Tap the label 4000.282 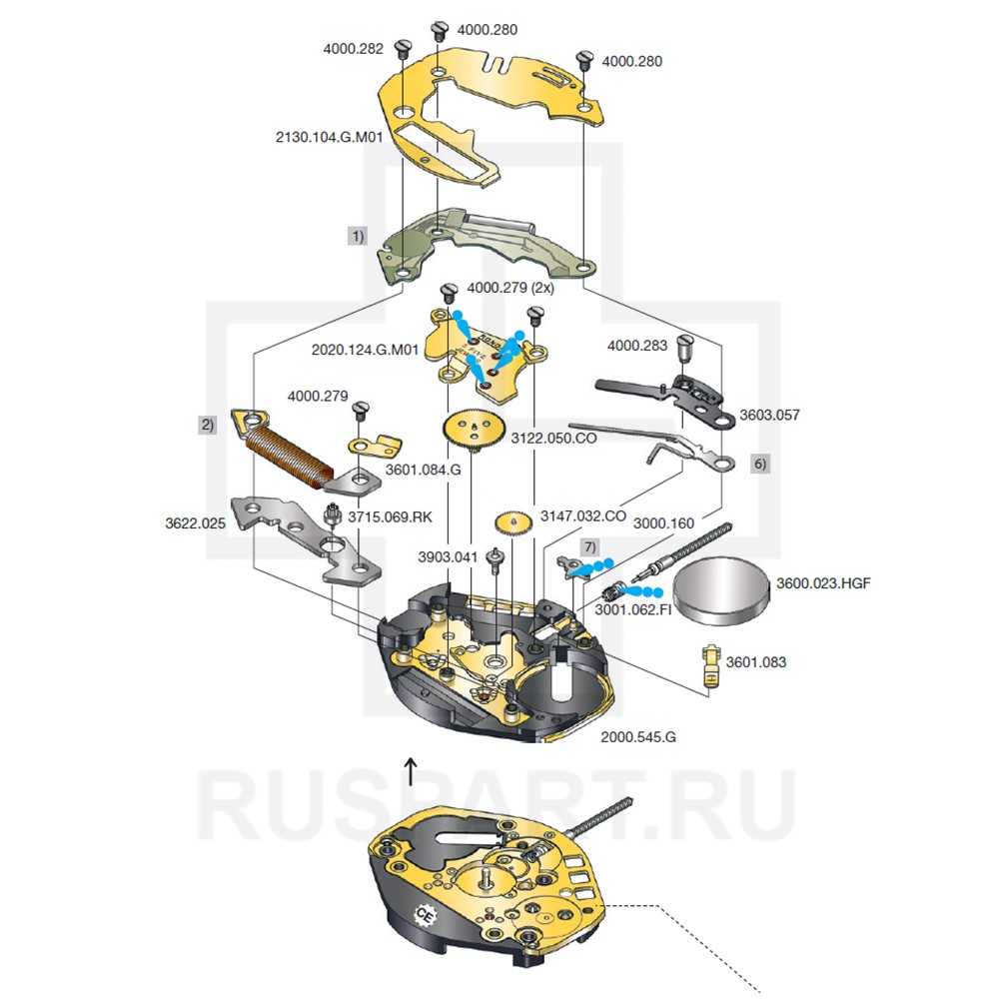tap(353, 47)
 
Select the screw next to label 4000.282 tap(404, 47)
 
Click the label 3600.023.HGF tap(823, 583)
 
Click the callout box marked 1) tap(357, 236)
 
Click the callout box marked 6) tap(759, 464)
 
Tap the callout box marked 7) tap(589, 546)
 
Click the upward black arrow tap(410, 771)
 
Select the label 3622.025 tap(195, 522)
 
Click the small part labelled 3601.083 tap(710, 663)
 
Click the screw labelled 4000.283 tap(685, 350)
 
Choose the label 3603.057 tap(768, 415)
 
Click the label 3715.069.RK tap(391, 515)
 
